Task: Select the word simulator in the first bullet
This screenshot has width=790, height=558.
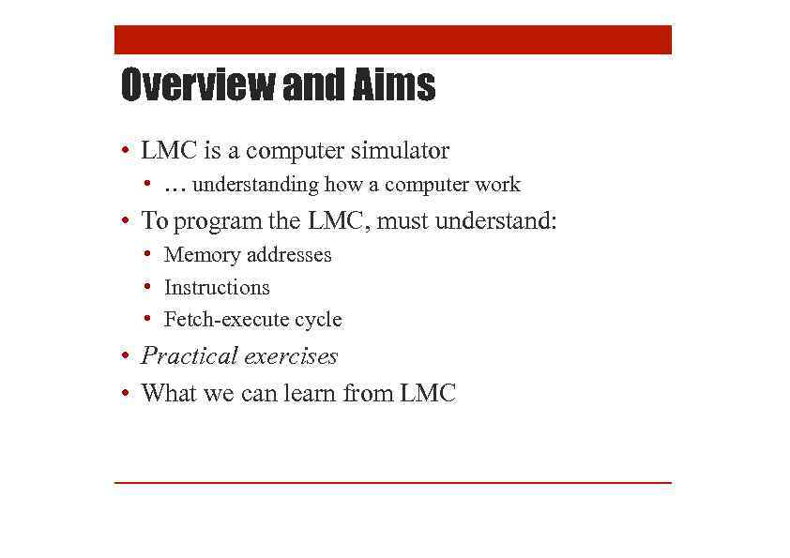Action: pyautogui.click(x=395, y=150)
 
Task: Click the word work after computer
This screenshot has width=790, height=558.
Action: pyautogui.click(x=496, y=185)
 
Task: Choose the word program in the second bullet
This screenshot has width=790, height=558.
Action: pyautogui.click(x=219, y=221)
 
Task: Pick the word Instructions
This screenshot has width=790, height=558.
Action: pyautogui.click(x=217, y=288)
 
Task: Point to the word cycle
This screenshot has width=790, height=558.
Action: pyautogui.click(x=318, y=320)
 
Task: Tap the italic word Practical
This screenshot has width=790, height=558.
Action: pyautogui.click(x=188, y=356)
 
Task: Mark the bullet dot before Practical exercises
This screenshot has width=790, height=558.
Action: pyautogui.click(x=124, y=357)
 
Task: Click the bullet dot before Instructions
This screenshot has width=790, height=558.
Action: pyautogui.click(x=148, y=287)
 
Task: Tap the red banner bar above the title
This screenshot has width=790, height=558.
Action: pyautogui.click(x=393, y=40)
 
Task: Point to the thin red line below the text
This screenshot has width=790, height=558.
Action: pyautogui.click(x=393, y=482)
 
